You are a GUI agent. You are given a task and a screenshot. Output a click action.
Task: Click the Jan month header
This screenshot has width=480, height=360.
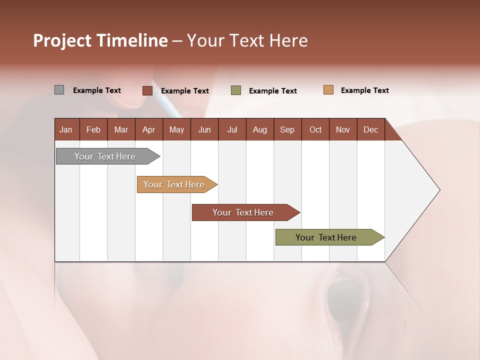[66, 129]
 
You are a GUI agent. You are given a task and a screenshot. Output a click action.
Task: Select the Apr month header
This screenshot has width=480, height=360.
[148, 129]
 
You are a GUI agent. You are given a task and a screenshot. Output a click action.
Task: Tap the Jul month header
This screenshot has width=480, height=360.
[232, 129]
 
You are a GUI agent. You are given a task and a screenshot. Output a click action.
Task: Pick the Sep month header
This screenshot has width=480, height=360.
[287, 129]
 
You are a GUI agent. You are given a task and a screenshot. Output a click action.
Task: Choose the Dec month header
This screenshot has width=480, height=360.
[370, 129]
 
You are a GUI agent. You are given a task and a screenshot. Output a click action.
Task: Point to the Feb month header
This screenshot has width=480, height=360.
[93, 129]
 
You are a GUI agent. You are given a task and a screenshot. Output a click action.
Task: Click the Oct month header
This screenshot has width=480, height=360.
[315, 129]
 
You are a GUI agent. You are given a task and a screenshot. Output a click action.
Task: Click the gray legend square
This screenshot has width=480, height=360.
[59, 90]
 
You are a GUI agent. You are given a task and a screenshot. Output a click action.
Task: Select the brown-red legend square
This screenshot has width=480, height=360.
[147, 90]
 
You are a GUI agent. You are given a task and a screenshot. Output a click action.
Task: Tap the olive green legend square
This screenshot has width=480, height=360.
[236, 90]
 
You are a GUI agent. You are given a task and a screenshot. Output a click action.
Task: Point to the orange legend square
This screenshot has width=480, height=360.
[328, 90]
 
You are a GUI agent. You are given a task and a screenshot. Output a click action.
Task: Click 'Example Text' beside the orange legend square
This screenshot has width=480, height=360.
[364, 90]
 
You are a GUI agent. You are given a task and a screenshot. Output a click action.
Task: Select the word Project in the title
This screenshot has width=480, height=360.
[62, 40]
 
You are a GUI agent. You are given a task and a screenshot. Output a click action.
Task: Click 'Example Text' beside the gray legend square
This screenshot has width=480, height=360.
[97, 90]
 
